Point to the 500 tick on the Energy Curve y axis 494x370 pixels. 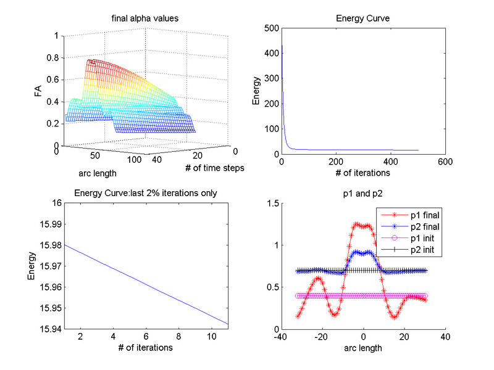coord(270,28)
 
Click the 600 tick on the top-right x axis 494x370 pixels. coord(445,162)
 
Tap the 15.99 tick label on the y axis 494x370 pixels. coord(50,224)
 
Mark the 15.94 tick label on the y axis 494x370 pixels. coord(50,329)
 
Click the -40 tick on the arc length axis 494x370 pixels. coord(281,337)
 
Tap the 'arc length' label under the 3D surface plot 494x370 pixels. coord(98,173)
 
